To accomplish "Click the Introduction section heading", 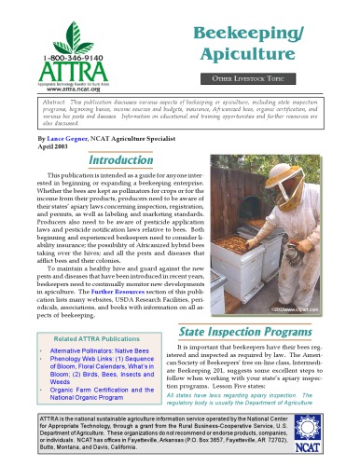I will click(x=127, y=185).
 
